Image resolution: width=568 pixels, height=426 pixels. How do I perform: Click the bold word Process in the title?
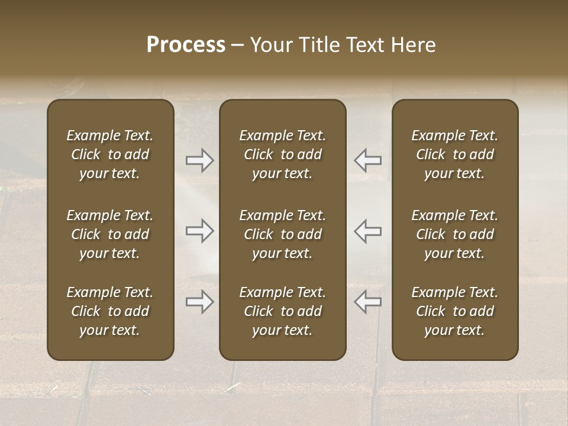[186, 45]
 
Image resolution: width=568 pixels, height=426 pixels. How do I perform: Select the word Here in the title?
[414, 45]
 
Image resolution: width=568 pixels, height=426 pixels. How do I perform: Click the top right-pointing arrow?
[199, 160]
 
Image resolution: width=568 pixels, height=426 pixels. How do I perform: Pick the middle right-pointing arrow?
[199, 231]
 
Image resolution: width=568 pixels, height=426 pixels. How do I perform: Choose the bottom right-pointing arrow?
[199, 302]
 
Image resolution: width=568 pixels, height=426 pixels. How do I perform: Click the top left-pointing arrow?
[368, 160]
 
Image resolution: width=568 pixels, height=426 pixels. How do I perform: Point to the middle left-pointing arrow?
[368, 231]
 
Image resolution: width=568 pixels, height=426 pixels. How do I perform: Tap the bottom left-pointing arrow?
[368, 302]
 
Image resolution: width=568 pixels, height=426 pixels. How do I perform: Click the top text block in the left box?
[110, 154]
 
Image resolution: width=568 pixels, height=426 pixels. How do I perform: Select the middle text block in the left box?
[110, 234]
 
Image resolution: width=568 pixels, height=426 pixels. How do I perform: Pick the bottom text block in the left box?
[110, 311]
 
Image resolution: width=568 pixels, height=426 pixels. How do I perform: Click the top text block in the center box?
[282, 154]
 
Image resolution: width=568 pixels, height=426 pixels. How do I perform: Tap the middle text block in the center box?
[282, 234]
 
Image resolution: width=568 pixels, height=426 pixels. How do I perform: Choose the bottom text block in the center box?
[282, 311]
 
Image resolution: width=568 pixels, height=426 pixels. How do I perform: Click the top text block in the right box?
[454, 154]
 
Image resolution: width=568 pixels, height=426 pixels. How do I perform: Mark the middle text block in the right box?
[454, 234]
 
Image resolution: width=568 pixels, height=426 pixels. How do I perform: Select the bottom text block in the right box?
[454, 311]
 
